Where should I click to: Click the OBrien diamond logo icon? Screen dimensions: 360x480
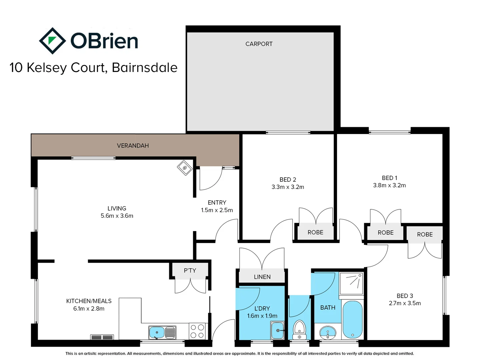tap(52, 41)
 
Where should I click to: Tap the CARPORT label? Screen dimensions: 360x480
tap(259, 44)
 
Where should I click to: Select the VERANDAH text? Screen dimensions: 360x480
tap(133, 146)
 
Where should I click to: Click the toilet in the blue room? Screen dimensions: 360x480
tap(299, 329)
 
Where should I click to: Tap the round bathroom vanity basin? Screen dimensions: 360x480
tap(328, 333)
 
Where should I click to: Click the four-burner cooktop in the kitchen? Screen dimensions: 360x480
tap(197, 331)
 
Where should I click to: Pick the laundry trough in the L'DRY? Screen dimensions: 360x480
tap(277, 330)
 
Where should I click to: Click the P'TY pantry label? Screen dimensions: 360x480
tap(190, 270)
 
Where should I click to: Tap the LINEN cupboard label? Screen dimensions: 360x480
tap(262, 277)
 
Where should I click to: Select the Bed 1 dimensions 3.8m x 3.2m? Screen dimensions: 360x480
tap(389, 185)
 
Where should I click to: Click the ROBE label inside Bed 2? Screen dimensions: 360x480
tap(315, 232)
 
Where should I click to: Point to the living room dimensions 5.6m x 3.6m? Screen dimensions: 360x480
tap(117, 216)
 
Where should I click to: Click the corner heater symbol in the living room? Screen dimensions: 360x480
tap(184, 168)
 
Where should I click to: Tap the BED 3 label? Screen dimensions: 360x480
tap(405, 296)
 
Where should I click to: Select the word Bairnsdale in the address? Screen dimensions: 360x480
tap(144, 68)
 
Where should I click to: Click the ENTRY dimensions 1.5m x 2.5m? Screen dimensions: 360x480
tap(217, 210)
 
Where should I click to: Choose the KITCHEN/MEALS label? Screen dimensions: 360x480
tap(89, 301)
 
